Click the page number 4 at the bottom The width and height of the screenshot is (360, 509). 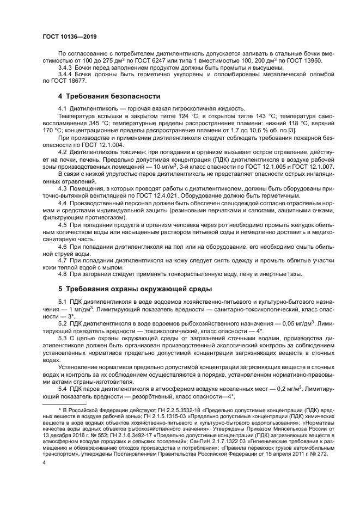(44, 462)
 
